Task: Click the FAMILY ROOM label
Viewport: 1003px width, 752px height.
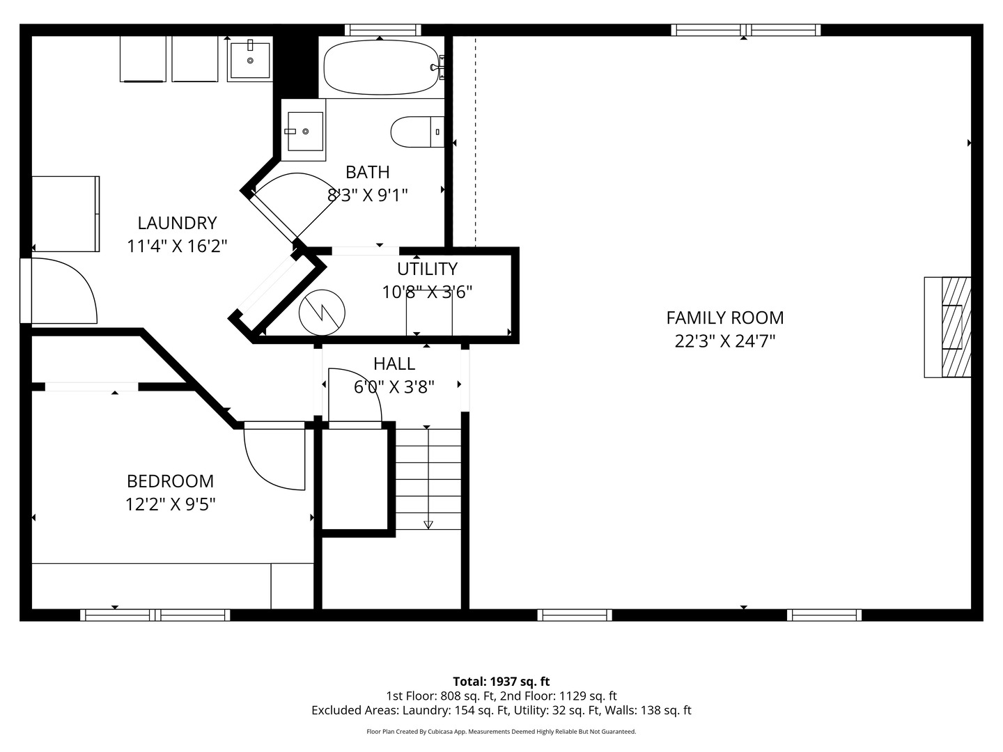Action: coord(724,318)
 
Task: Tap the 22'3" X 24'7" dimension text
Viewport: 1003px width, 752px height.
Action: coord(724,341)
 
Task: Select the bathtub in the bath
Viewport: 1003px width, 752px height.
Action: coord(381,68)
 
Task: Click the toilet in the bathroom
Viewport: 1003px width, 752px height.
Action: coord(417,132)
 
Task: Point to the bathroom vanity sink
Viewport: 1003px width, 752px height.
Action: coord(304,131)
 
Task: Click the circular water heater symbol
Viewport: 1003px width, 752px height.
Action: coord(322,312)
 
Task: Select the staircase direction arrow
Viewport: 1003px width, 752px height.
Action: coord(428,524)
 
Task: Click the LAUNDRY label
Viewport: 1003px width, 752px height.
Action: coord(177,224)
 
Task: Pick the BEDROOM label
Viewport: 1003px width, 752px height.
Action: coord(170,481)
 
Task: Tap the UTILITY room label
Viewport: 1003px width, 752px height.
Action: coord(427,269)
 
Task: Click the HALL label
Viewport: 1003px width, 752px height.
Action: coord(394,363)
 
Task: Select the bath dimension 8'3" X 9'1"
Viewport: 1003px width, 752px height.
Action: coord(367,195)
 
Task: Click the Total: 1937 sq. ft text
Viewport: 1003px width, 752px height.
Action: coord(501,682)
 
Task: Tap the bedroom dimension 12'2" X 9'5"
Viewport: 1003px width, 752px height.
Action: coord(170,504)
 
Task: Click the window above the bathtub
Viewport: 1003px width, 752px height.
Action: coord(382,30)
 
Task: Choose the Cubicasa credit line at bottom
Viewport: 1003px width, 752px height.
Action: coord(501,732)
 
